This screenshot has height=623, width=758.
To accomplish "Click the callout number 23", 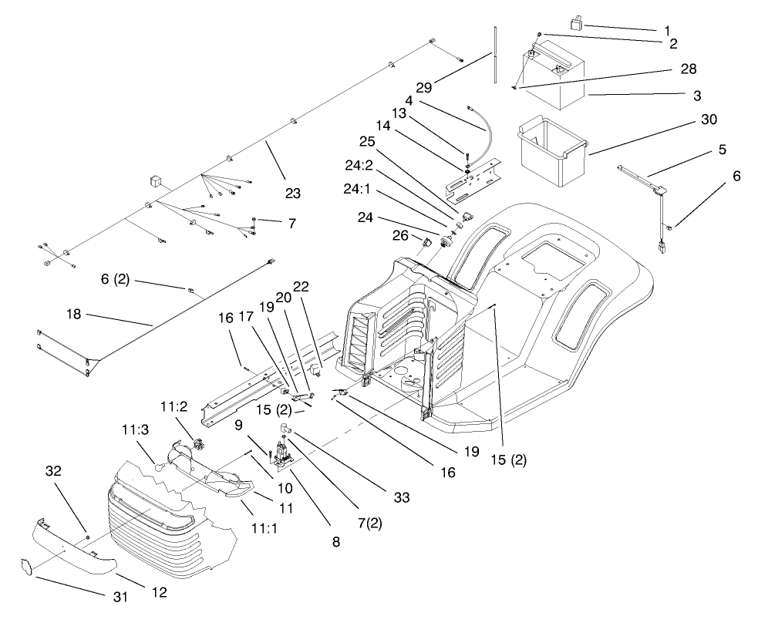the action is [x=291, y=194].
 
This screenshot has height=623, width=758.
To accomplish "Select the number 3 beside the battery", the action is [x=696, y=96].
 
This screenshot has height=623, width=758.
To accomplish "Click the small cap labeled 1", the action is [x=574, y=24].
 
